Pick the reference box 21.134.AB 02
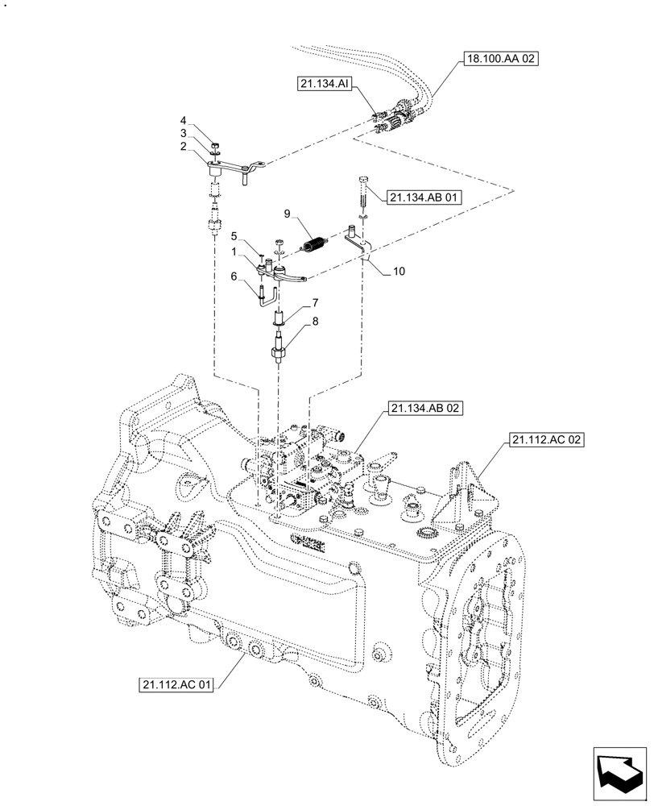click(425, 409)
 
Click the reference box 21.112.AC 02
click(545, 440)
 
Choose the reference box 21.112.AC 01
click(177, 686)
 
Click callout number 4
click(183, 120)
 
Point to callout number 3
click(183, 133)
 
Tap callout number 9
click(287, 214)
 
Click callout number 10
click(399, 272)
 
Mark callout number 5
click(234, 237)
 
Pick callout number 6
click(234, 276)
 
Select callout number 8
click(316, 321)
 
